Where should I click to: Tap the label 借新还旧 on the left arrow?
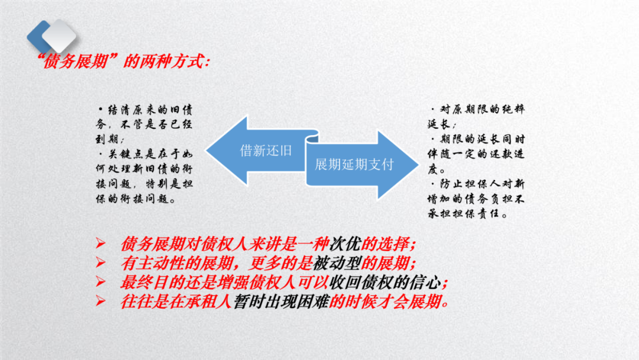[266, 150]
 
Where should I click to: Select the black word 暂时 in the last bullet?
[247, 301]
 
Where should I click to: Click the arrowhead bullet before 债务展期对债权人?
[100, 245]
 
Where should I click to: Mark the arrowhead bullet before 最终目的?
[100, 282]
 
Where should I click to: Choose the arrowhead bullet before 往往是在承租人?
[100, 302]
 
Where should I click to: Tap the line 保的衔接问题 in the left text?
[135, 200]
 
